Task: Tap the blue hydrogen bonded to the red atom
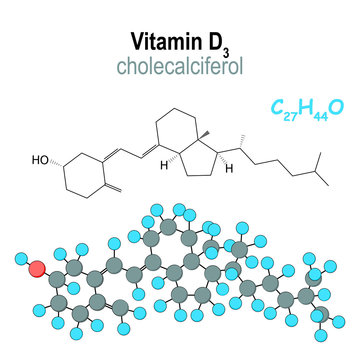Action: (x=20, y=262)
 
